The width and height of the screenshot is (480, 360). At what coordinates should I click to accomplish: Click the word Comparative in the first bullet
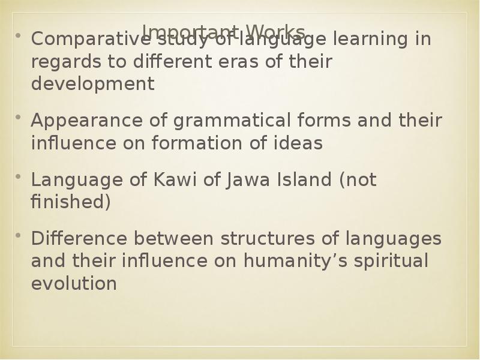(80, 40)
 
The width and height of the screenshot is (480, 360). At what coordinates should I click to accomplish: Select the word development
(92, 84)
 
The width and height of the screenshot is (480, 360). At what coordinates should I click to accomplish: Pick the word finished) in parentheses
(71, 202)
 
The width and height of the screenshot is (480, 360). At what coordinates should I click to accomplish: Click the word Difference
(79, 238)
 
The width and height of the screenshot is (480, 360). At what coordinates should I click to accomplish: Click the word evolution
(73, 283)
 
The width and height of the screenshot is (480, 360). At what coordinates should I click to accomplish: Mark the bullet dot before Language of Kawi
(18, 176)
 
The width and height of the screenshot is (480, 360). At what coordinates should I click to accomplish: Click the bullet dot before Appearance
(18, 117)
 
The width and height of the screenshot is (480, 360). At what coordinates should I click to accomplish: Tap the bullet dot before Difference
(18, 235)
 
